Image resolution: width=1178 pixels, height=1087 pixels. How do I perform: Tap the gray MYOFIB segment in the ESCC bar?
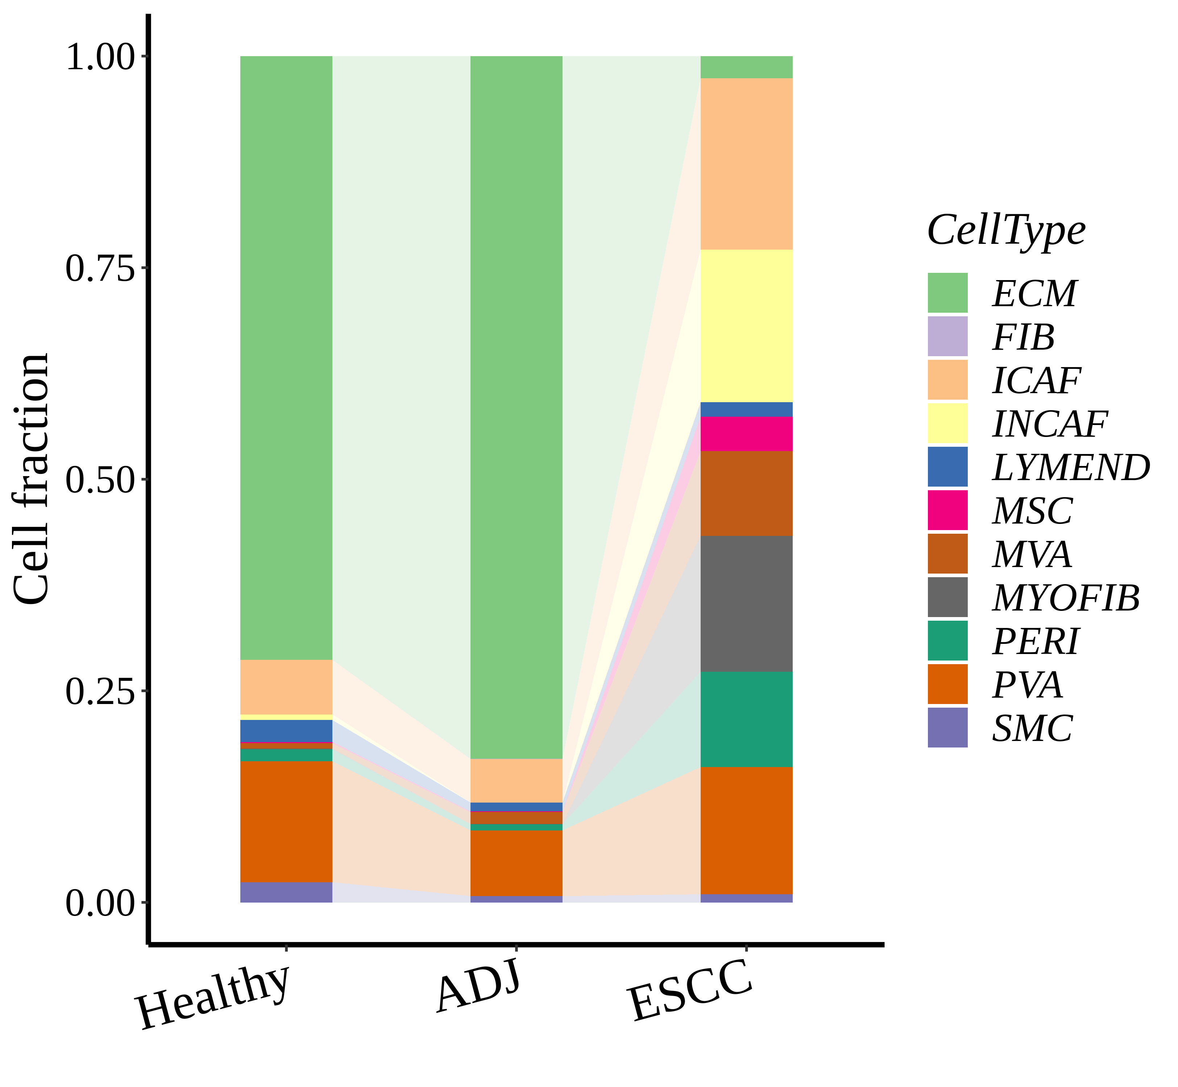coord(746,604)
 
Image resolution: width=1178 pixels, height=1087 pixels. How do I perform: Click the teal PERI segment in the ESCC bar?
coord(746,719)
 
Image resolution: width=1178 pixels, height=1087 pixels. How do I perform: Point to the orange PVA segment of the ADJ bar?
coord(516,862)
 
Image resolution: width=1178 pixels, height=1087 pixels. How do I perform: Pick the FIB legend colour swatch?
coord(947,337)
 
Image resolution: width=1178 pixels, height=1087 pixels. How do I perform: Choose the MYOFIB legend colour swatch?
coord(947,597)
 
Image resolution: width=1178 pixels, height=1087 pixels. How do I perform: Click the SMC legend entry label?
coord(1033,728)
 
